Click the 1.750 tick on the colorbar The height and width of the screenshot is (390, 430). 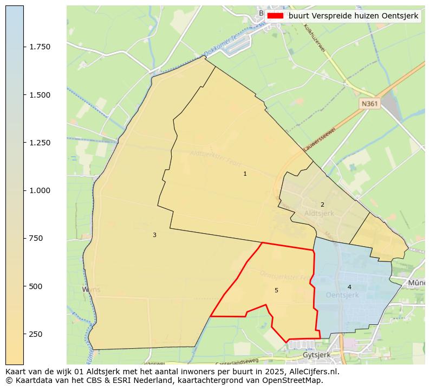point(39,47)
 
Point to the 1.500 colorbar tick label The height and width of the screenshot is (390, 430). point(39,95)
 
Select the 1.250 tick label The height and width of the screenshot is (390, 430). point(39,143)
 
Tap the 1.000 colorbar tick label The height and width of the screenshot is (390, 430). point(39,190)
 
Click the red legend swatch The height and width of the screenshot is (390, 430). point(275,16)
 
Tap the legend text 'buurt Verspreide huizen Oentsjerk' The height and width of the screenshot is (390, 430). point(353,16)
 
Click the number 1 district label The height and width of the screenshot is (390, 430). point(245,174)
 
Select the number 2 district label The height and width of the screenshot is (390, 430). point(322,204)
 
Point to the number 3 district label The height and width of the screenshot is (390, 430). point(154,235)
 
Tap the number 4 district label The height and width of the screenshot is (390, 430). point(349,287)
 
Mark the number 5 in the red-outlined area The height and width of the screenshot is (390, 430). point(276,291)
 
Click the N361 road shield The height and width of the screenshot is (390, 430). point(370,103)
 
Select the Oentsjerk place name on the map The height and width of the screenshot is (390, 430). point(342,295)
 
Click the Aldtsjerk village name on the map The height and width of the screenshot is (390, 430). point(319,214)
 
